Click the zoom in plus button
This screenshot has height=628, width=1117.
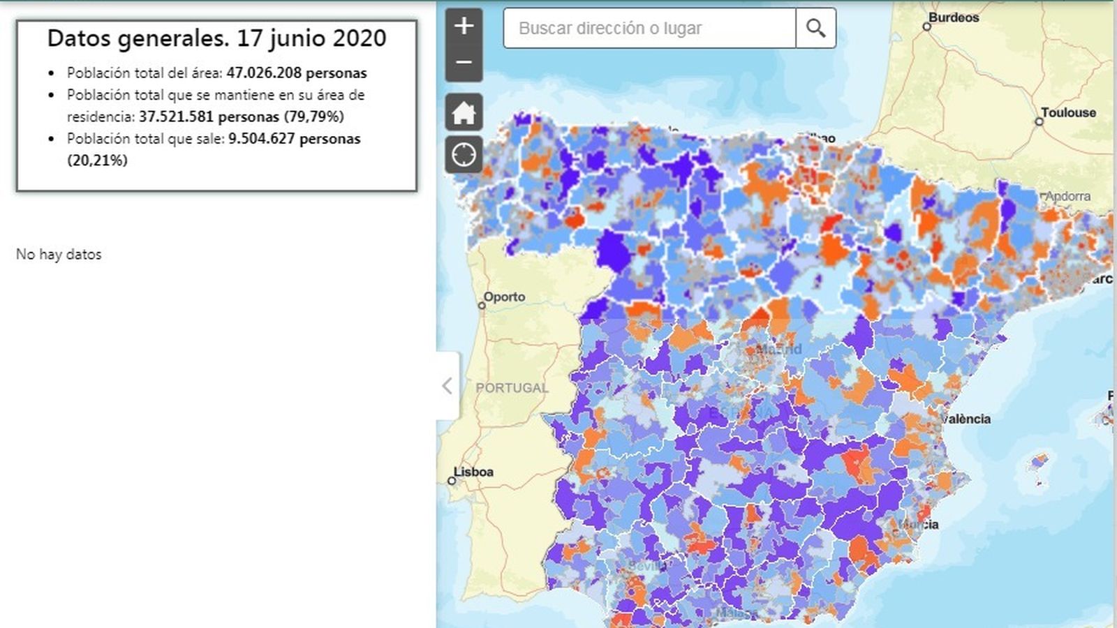click(x=464, y=27)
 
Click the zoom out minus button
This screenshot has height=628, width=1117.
click(x=464, y=63)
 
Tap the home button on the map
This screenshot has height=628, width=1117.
click(x=464, y=112)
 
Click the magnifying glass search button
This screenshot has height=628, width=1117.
click(x=815, y=28)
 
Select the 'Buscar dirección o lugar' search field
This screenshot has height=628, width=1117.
click(x=649, y=28)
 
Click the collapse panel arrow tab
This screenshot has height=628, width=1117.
click(x=447, y=385)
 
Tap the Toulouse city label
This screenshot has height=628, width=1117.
click(x=1068, y=112)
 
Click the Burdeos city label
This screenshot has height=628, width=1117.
click(x=954, y=17)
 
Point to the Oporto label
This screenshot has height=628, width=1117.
click(x=504, y=297)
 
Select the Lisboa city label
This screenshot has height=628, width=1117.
click(x=473, y=472)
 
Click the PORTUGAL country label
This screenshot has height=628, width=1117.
click(x=512, y=388)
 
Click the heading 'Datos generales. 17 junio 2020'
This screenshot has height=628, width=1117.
click(x=216, y=38)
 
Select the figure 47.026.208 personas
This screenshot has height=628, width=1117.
click(x=297, y=73)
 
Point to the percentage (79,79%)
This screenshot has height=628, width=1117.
click(x=313, y=117)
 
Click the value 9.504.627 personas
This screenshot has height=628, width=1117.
click(x=294, y=138)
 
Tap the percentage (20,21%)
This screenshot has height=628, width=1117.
click(x=97, y=160)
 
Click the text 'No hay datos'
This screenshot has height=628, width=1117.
click(x=59, y=254)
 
